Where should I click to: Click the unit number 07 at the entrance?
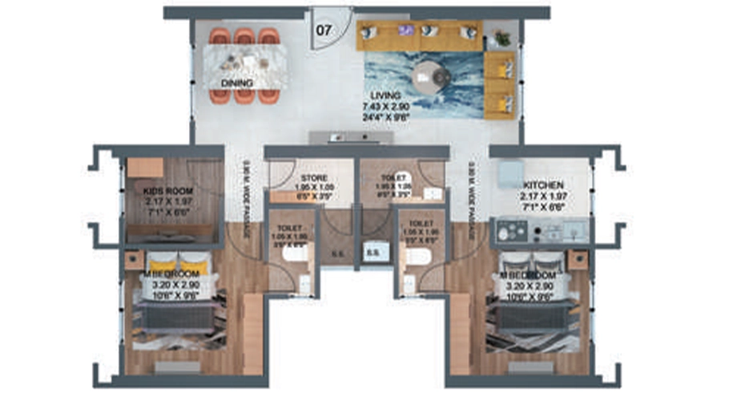(x=324, y=31)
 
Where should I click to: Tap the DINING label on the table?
(x=237, y=83)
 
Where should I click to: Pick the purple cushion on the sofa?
(x=406, y=30)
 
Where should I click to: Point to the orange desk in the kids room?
(x=146, y=168)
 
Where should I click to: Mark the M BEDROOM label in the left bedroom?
(x=171, y=274)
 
